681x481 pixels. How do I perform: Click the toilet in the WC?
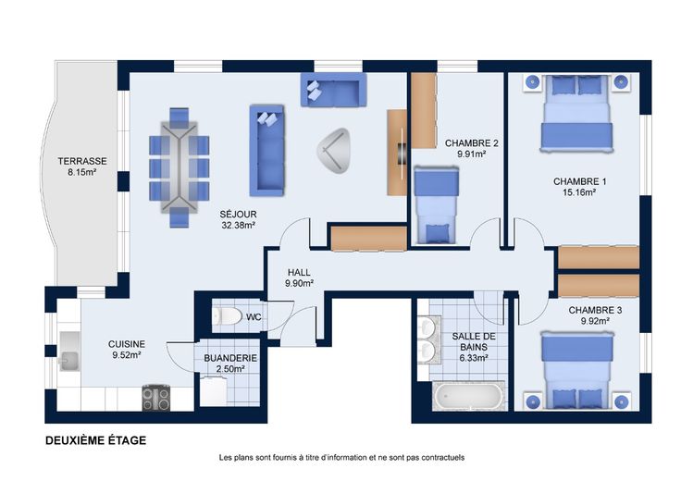pos(227,316)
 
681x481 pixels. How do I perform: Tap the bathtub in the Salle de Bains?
pos(468,396)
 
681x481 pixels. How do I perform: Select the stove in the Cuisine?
pos(156,398)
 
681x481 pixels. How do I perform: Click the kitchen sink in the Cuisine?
pos(69,351)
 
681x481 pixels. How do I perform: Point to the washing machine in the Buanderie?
pos(213,391)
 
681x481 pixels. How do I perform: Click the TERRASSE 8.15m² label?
pos(82,166)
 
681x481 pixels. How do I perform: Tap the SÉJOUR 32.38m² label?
pos(238,219)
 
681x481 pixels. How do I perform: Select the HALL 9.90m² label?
pos(299,277)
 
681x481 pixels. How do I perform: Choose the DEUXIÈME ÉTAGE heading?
pos(96,440)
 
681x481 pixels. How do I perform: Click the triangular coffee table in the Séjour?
pos(333,150)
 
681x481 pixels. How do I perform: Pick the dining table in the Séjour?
pos(179,167)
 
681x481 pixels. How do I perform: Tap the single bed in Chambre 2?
pos(436,205)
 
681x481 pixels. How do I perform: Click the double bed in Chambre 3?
pos(576,370)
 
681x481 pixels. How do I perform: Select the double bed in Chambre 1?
pos(576,113)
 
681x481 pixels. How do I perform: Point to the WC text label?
pos(254,317)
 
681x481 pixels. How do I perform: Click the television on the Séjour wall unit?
pos(402,154)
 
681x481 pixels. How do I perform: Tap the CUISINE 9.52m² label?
pos(127,350)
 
